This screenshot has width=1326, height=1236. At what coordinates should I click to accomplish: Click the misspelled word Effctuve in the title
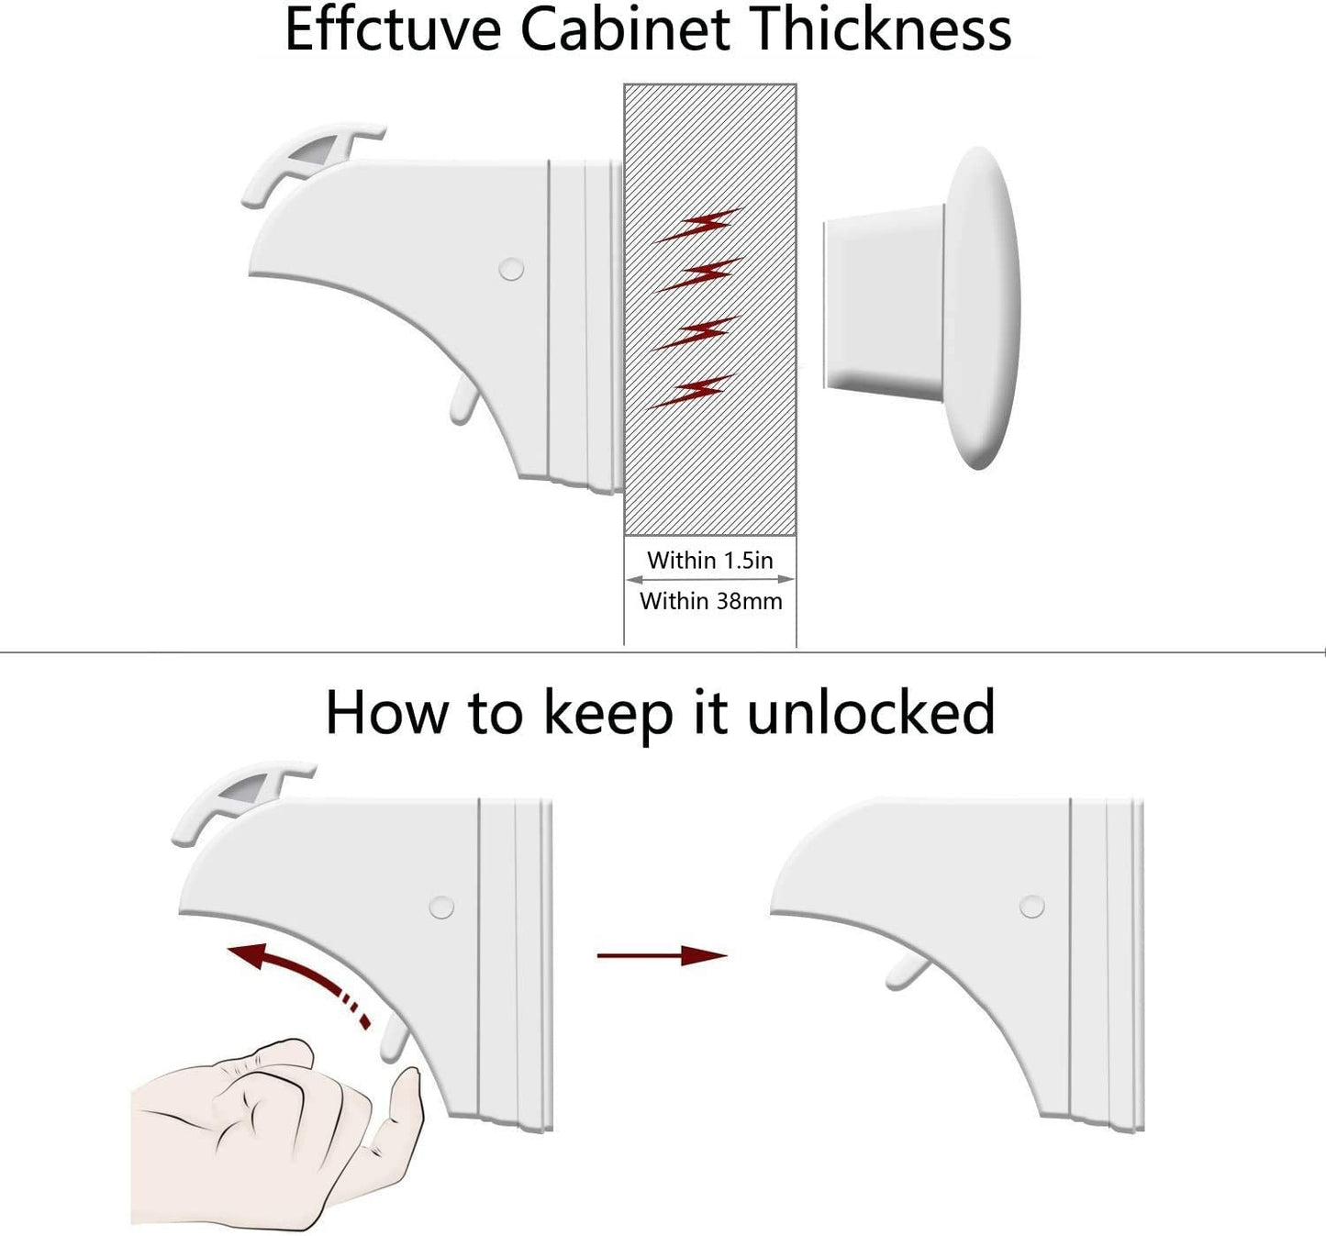pos(393,30)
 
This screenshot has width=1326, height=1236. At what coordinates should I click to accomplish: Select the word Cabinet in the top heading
pos(625,30)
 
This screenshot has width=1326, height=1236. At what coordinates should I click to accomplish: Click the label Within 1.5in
pos(709,561)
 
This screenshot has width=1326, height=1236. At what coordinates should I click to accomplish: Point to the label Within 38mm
pos(710,601)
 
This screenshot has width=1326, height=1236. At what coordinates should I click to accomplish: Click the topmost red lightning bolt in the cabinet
pos(698,225)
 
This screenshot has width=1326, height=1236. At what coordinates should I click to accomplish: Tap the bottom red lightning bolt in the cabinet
pos(692,392)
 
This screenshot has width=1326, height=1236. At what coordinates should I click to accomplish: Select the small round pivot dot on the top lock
pos(511,269)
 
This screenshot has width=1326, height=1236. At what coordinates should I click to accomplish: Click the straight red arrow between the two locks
pos(662,955)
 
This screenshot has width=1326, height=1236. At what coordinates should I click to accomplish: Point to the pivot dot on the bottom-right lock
pos(1031,907)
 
